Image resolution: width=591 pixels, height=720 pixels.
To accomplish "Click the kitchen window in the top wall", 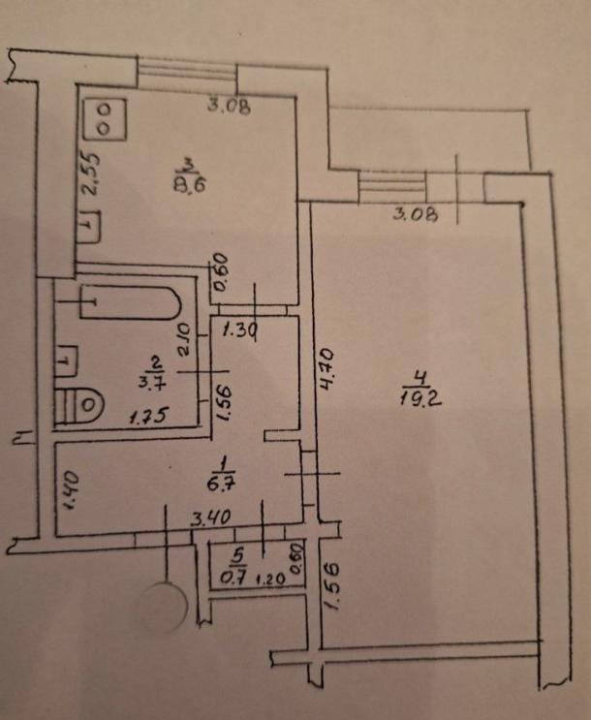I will pyautogui.click(x=187, y=71).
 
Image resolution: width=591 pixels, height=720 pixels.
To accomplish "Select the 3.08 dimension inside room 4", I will pyautogui.click(x=415, y=214).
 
